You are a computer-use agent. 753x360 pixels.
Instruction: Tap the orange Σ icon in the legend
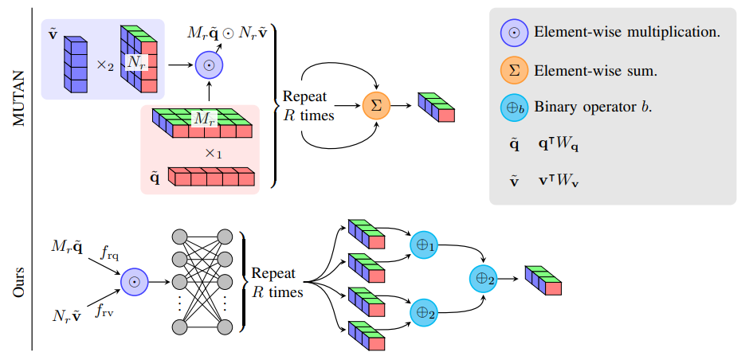click(x=514, y=71)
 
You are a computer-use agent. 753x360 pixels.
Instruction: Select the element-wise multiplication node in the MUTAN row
click(x=210, y=65)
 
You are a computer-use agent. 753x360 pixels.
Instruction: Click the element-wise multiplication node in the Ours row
click(x=135, y=282)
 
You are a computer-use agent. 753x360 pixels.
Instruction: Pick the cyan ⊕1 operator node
click(x=424, y=246)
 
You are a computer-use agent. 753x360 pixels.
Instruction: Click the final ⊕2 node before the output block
click(x=484, y=279)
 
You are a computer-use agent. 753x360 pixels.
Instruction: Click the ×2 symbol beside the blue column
click(x=105, y=65)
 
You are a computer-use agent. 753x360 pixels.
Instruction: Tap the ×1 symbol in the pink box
click(x=214, y=153)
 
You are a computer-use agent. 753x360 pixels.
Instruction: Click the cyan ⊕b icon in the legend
click(x=514, y=107)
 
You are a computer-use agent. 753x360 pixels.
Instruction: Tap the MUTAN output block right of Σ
click(x=436, y=107)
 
